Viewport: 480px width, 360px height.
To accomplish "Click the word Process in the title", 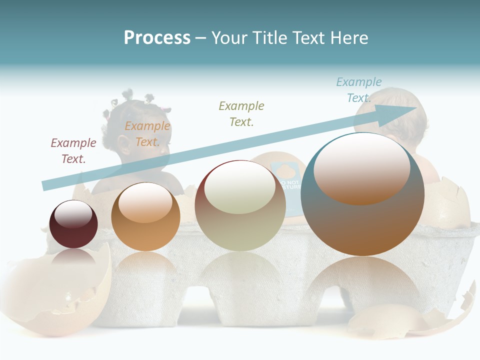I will point(157,38).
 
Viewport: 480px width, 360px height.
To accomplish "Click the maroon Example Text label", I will point(73,150).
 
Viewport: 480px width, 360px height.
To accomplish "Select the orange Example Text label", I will point(147,133).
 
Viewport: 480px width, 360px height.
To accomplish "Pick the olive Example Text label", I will point(241,113).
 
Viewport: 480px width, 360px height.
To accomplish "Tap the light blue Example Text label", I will point(358,89).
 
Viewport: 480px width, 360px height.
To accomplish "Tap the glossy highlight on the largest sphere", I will point(361,167).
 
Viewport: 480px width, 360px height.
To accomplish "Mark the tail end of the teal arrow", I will point(46,185).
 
